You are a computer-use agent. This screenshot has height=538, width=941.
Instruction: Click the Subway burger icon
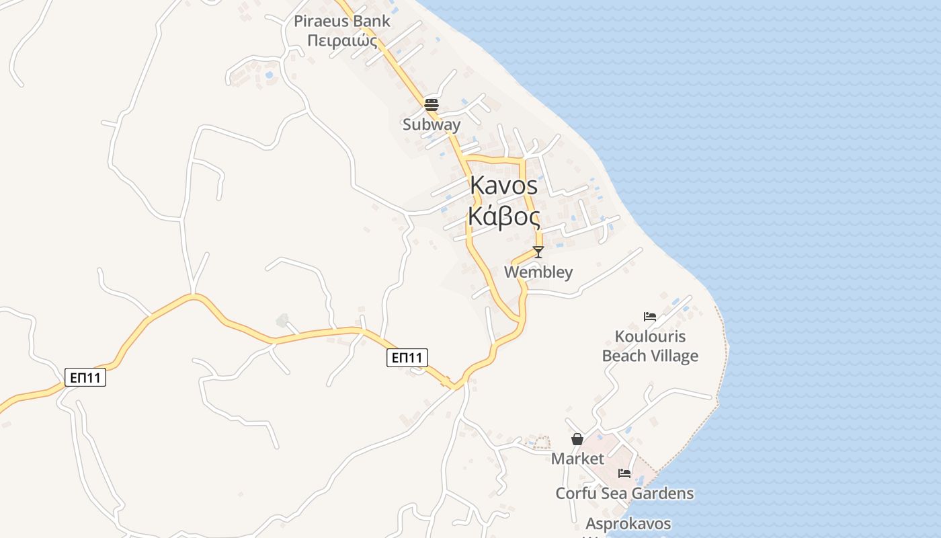point(432,105)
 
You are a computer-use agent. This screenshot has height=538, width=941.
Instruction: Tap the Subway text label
point(432,124)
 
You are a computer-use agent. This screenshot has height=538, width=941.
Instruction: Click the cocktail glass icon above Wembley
point(538,252)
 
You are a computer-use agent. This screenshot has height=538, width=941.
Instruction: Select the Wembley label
point(538,272)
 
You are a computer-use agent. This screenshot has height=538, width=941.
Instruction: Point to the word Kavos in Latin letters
point(504,185)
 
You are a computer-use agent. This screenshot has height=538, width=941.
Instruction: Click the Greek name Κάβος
point(504,217)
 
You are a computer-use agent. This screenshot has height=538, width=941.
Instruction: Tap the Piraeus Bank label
point(342,21)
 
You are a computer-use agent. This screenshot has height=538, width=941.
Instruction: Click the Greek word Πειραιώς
point(342,40)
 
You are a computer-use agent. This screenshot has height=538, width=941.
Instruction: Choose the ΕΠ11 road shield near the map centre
point(407,358)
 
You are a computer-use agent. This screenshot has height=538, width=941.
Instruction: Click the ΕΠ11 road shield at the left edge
point(85,377)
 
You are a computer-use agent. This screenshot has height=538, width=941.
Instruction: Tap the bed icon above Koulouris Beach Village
point(650,316)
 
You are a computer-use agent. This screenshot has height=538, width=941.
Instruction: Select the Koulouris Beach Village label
point(650,346)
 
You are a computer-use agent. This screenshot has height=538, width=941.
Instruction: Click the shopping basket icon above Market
point(577,439)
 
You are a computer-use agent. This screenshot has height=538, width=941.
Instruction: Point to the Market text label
point(577,459)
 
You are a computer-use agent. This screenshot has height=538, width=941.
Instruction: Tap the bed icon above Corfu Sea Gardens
point(624,473)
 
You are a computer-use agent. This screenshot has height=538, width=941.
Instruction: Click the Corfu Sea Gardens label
point(624,494)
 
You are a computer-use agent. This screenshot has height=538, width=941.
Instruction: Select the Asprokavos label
point(628,523)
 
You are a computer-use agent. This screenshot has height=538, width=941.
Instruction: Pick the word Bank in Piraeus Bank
point(372,21)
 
